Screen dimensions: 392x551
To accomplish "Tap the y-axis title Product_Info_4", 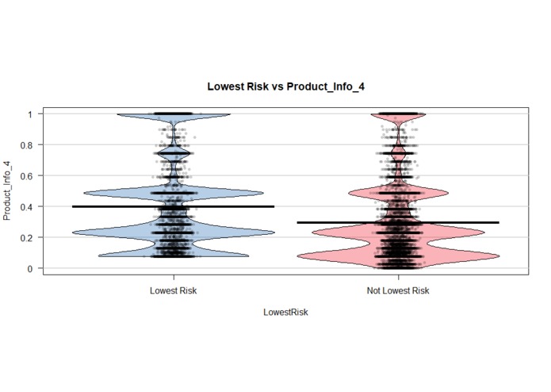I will pyautogui.click(x=10, y=190).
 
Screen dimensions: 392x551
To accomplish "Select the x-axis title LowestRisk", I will pyautogui.click(x=285, y=312).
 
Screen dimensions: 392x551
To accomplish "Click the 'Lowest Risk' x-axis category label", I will pyautogui.click(x=173, y=291).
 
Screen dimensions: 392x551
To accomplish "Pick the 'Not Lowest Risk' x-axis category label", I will pyautogui.click(x=398, y=291).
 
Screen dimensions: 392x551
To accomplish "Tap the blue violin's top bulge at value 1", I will pyautogui.click(x=173, y=115).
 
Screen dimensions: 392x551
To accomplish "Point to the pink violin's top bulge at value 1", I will pyautogui.click(x=398, y=115).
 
